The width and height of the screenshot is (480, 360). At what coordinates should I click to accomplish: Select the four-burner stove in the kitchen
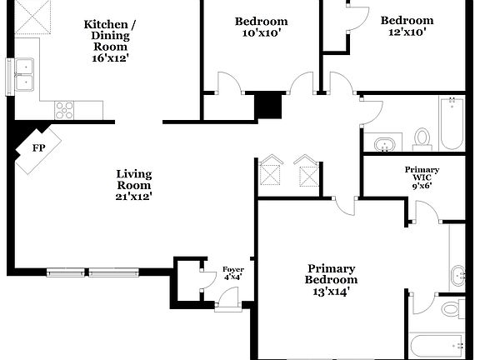[x=64, y=108]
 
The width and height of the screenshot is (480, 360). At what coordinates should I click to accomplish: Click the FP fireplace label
[x=37, y=148]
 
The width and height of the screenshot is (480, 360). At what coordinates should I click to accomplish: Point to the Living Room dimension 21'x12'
[x=133, y=197]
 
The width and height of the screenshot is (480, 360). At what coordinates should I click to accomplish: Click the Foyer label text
[x=232, y=269]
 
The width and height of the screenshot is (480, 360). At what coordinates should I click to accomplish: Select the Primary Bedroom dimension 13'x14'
[x=331, y=292]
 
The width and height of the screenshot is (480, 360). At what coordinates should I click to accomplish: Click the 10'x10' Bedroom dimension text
[x=260, y=33]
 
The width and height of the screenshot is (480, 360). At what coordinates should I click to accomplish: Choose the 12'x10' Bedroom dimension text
[x=407, y=32]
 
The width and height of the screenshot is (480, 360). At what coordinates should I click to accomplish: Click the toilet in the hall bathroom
[x=422, y=138]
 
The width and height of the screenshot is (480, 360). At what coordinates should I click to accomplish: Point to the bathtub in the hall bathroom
[x=452, y=123]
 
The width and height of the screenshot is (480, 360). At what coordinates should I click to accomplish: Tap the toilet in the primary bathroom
[x=450, y=310]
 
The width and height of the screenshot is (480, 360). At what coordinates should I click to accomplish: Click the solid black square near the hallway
[x=267, y=107]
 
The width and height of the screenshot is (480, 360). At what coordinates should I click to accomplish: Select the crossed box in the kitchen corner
[x=33, y=15]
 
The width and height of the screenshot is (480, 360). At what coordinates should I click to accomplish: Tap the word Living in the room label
[x=133, y=174]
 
